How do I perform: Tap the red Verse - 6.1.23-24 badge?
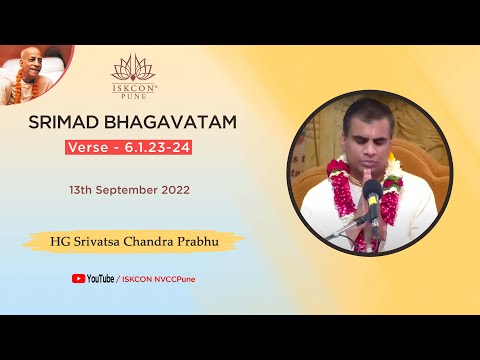[x=133, y=146]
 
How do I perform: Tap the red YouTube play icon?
[x=78, y=279]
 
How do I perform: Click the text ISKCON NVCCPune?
[x=158, y=279]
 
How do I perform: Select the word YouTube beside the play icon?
[x=100, y=279]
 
